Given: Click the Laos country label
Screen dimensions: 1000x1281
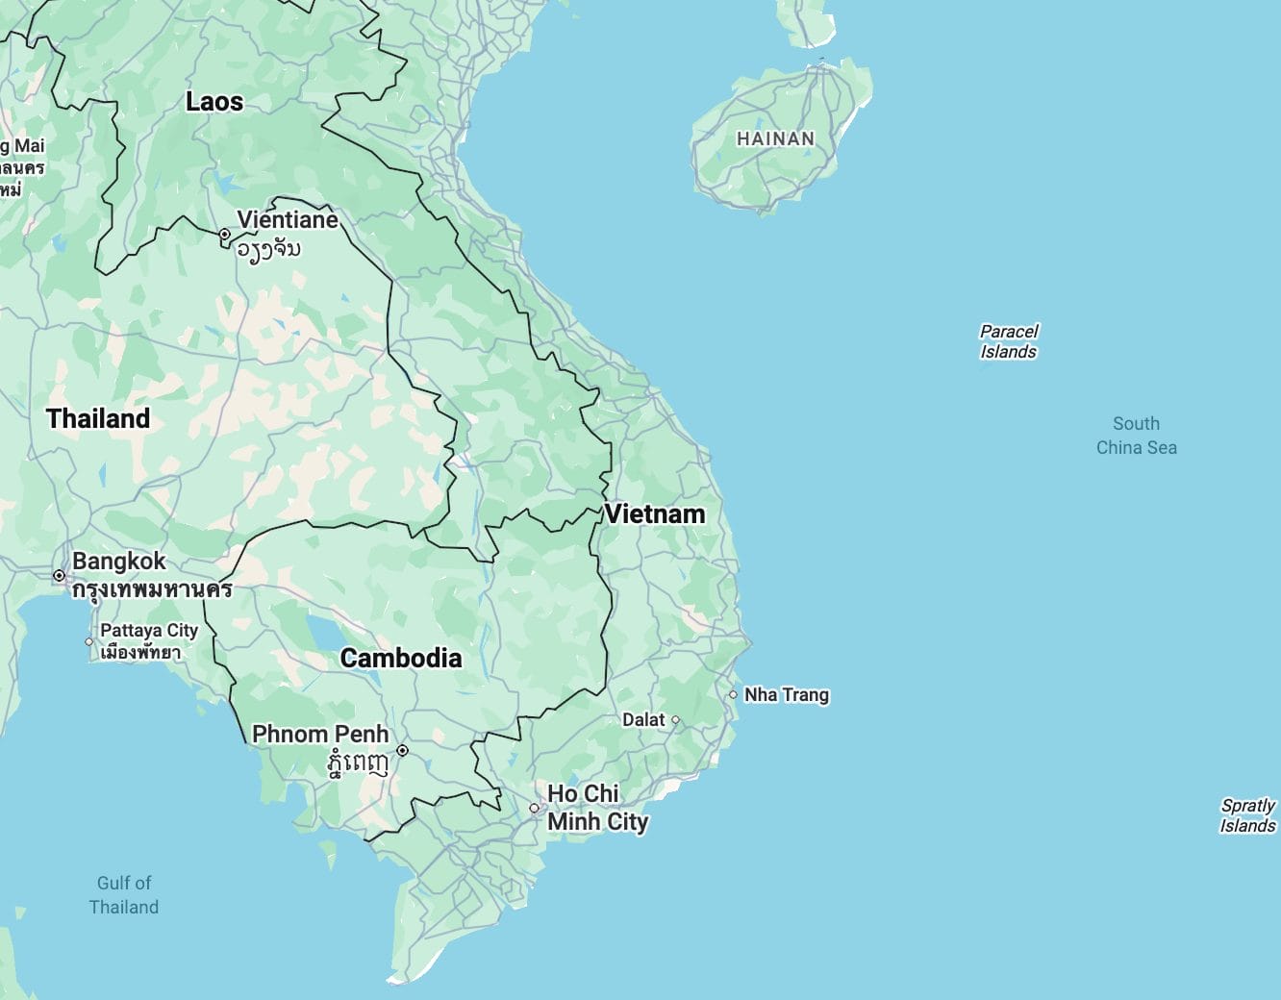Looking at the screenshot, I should pyautogui.click(x=213, y=102).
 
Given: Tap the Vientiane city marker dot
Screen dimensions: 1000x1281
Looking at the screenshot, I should pyautogui.click(x=224, y=235).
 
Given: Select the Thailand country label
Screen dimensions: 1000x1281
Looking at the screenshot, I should pyautogui.click(x=98, y=419).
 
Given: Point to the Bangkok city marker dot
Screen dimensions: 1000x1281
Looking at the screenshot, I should pyautogui.click(x=60, y=576).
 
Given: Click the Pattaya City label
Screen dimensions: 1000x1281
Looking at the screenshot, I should pyautogui.click(x=149, y=631).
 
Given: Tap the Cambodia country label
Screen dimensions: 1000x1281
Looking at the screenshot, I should pyautogui.click(x=401, y=659).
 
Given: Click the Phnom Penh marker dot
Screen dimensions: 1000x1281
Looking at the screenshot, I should pyautogui.click(x=402, y=751).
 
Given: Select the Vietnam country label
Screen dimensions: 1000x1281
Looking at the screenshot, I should pyautogui.click(x=655, y=514).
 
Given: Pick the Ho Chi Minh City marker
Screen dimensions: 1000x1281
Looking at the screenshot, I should pyautogui.click(x=535, y=809).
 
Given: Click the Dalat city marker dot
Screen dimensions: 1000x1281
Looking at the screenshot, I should pyautogui.click(x=675, y=720).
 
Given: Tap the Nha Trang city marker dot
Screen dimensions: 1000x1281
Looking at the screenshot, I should pyautogui.click(x=733, y=694).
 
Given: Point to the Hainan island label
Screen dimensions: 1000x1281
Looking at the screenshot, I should pyautogui.click(x=775, y=139).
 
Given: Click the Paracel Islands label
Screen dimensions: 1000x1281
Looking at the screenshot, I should pyautogui.click(x=1009, y=341).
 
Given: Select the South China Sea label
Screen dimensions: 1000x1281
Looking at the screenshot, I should pyautogui.click(x=1136, y=436).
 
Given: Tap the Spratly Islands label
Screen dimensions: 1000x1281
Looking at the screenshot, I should pyautogui.click(x=1247, y=815).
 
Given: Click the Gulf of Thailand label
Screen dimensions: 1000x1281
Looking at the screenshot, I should pyautogui.click(x=124, y=894).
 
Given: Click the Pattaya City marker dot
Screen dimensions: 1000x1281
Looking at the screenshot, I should pyautogui.click(x=89, y=641).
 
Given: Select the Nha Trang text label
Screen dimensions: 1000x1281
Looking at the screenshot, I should pyautogui.click(x=787, y=694).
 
